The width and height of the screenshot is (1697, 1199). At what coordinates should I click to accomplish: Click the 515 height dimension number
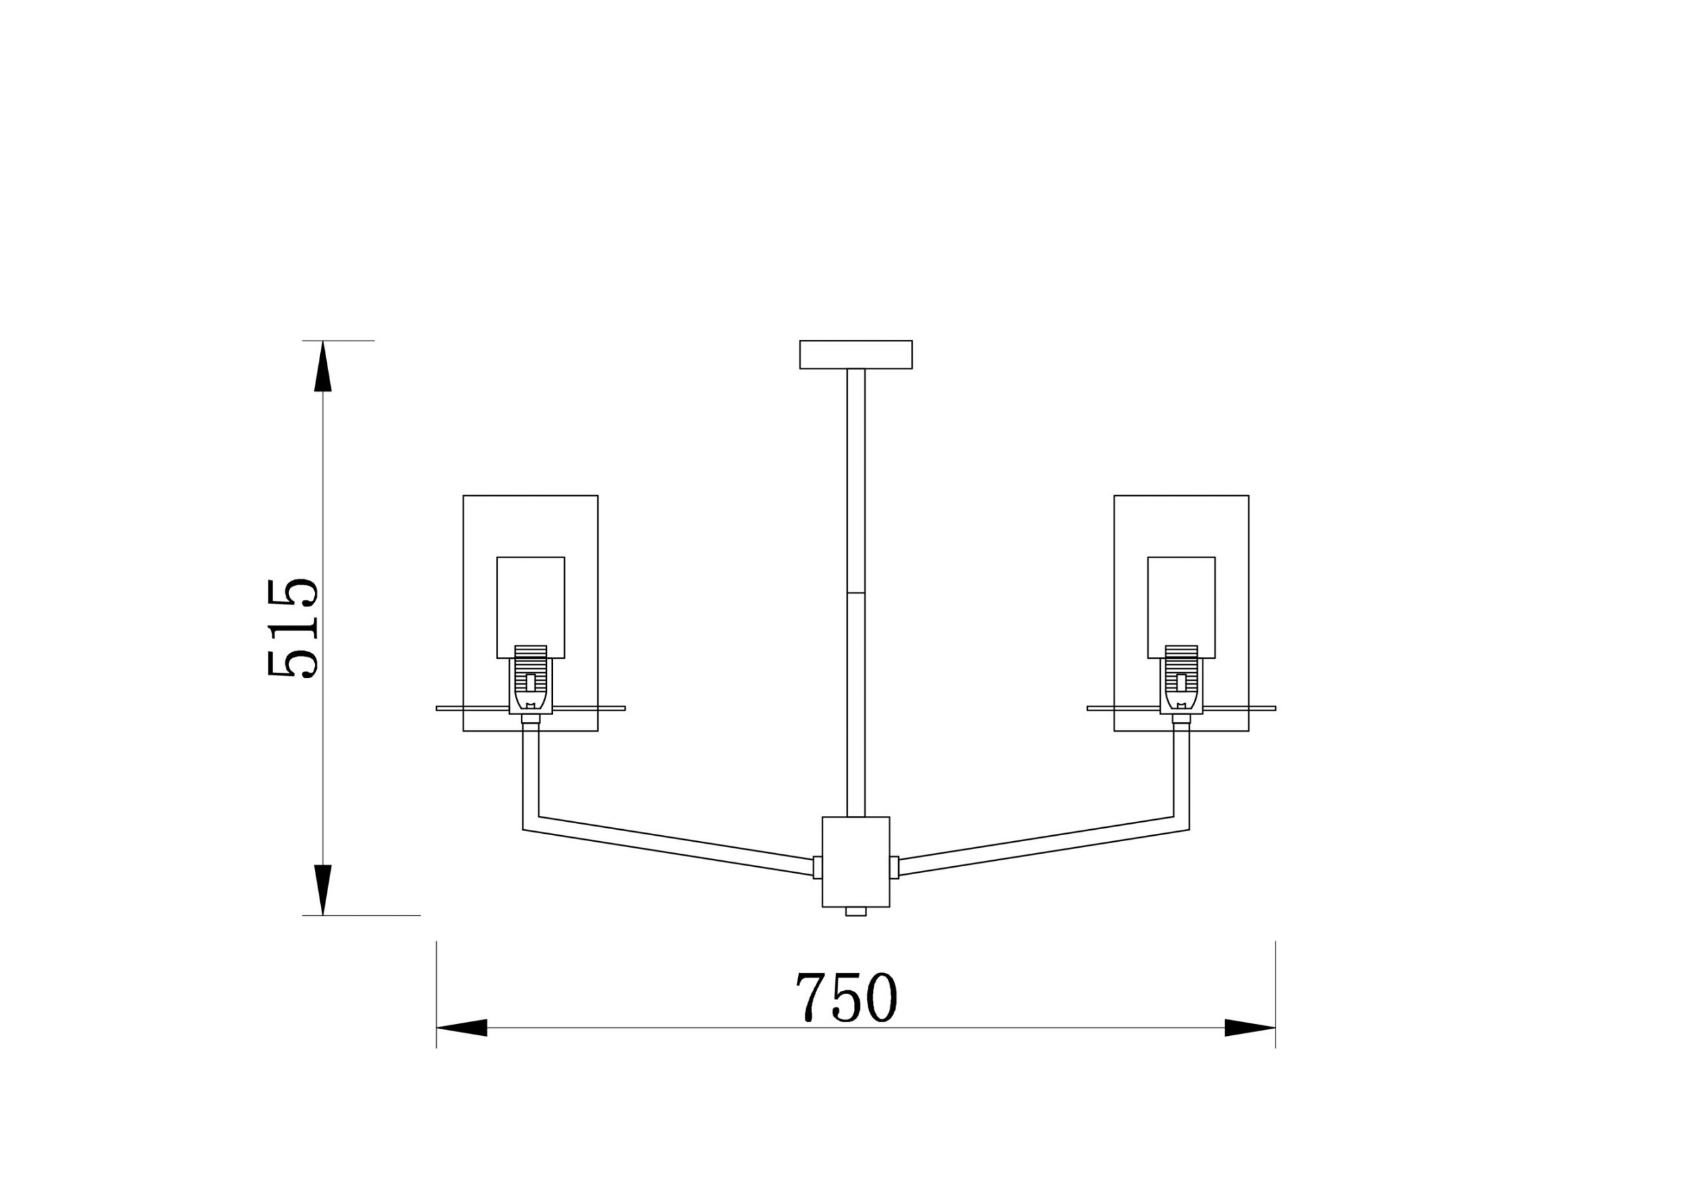click(x=293, y=628)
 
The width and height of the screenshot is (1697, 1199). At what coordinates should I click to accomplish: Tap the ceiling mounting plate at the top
click(x=856, y=354)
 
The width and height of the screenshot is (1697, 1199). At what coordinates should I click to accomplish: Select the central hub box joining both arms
click(x=856, y=862)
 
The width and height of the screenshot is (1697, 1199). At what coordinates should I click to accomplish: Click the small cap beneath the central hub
click(x=856, y=911)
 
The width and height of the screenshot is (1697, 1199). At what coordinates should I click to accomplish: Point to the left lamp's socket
click(x=531, y=679)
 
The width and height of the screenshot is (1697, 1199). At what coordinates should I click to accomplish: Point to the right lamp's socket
click(x=1181, y=679)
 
